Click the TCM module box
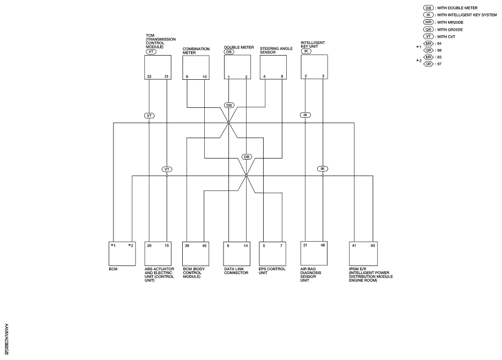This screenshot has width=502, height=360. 157,67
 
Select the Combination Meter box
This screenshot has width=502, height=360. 196,68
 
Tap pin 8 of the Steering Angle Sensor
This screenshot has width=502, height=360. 282,77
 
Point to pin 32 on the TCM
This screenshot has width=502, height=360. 149,77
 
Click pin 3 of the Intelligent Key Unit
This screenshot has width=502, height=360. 323,76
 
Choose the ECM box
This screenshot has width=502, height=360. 122,254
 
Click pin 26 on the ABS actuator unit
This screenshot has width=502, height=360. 149,246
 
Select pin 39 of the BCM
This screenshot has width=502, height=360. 187,246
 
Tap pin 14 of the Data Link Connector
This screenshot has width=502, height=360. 245,246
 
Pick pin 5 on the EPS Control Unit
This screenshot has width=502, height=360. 264,246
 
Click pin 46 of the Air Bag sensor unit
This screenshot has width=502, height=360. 323,246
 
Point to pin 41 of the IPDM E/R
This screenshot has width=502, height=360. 354,246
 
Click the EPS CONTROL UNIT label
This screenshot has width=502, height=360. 272,271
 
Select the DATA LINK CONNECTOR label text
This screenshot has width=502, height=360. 236,271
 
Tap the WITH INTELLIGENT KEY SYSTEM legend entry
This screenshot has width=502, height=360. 467,15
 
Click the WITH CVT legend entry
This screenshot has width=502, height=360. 446,37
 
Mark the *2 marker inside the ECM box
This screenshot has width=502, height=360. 130,246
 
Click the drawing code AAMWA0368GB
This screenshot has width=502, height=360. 7,339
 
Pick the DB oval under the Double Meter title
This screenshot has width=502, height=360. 229,52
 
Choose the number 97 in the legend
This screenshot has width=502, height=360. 439,64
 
